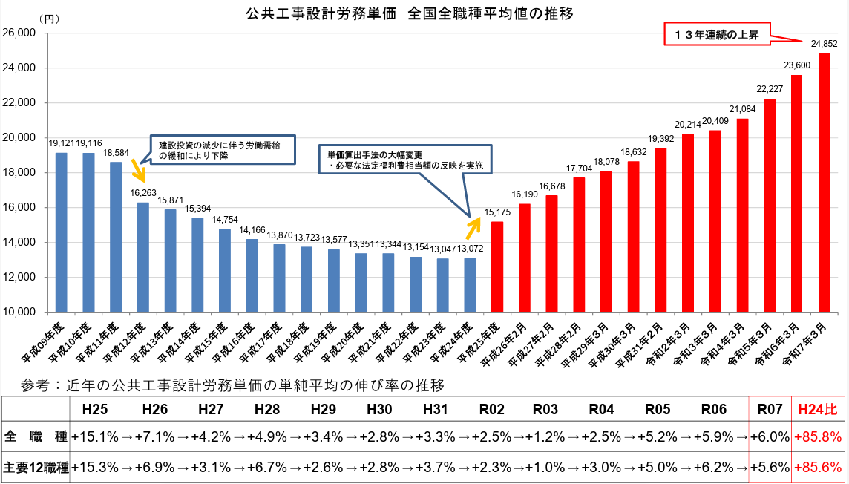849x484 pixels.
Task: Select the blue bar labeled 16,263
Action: click(143, 257)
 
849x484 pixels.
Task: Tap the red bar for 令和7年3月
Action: click(824, 183)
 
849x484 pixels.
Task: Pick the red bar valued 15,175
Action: click(497, 266)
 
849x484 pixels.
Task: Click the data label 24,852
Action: click(824, 45)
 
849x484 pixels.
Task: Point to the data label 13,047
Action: click(442, 249)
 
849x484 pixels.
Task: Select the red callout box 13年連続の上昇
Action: click(716, 34)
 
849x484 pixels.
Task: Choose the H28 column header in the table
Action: click(266, 408)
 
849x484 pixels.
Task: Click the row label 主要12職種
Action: click(36, 468)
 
